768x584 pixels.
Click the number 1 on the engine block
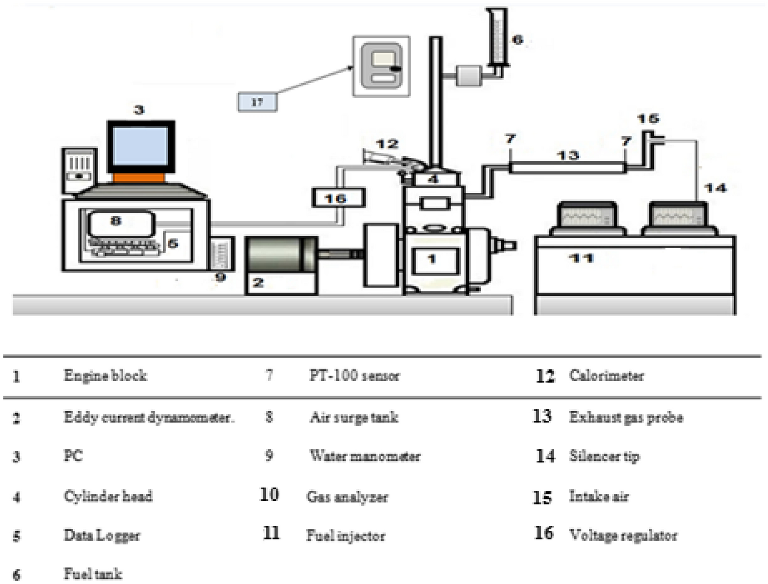pyautogui.click(x=432, y=258)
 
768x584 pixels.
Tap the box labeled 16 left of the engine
pyautogui.click(x=338, y=198)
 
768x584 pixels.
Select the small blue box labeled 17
pyautogui.click(x=257, y=102)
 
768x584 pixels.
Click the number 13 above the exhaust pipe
pyautogui.click(x=568, y=155)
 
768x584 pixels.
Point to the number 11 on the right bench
pyautogui.click(x=581, y=258)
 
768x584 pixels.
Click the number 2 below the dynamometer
pyautogui.click(x=258, y=282)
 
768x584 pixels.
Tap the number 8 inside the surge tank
pyautogui.click(x=116, y=220)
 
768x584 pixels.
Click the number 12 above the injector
pyautogui.click(x=387, y=144)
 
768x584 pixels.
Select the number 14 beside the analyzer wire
pyautogui.click(x=715, y=188)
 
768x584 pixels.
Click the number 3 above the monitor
pyautogui.click(x=139, y=109)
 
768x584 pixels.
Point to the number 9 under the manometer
pyautogui.click(x=220, y=277)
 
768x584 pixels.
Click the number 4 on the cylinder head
pyautogui.click(x=433, y=179)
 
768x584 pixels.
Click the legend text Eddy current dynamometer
pyautogui.click(x=148, y=417)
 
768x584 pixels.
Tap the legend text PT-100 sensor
pyautogui.click(x=354, y=376)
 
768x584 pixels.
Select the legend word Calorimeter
pyautogui.click(x=606, y=376)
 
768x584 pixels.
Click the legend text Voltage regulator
pyautogui.click(x=623, y=535)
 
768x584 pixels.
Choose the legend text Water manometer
pyautogui.click(x=365, y=456)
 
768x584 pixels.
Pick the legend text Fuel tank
pyautogui.click(x=93, y=573)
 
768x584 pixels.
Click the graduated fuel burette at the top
pyautogui.click(x=497, y=38)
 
